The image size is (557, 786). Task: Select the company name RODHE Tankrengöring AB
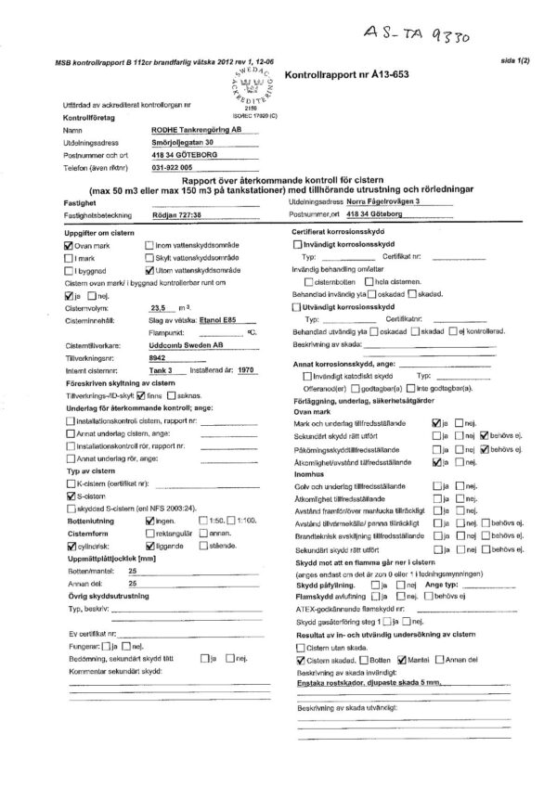click(199, 132)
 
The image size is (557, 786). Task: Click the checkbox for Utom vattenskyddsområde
click(149, 269)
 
